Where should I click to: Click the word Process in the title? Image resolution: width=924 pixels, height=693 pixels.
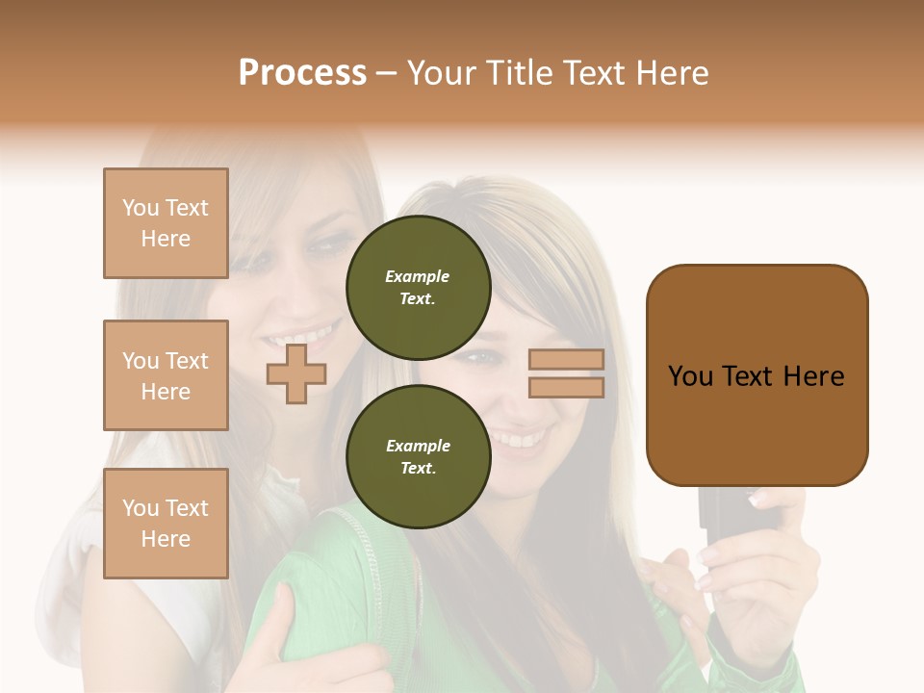tap(302, 73)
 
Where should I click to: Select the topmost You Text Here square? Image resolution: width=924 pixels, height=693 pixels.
tap(166, 223)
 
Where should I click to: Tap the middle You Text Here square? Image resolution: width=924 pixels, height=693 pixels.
tap(166, 375)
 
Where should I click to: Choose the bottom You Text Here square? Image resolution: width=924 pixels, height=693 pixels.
tap(166, 524)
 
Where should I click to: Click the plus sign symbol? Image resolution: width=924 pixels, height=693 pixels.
tap(296, 373)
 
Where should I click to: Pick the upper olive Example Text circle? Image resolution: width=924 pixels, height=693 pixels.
tap(419, 288)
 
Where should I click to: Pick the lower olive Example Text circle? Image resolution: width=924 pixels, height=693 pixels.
tap(419, 457)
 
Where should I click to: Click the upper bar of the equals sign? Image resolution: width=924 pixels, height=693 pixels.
tap(566, 360)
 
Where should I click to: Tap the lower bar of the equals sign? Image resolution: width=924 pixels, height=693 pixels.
tap(566, 387)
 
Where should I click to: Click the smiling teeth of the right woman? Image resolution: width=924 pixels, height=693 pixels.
tap(520, 440)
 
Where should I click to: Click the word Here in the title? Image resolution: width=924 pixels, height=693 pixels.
tap(671, 73)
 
